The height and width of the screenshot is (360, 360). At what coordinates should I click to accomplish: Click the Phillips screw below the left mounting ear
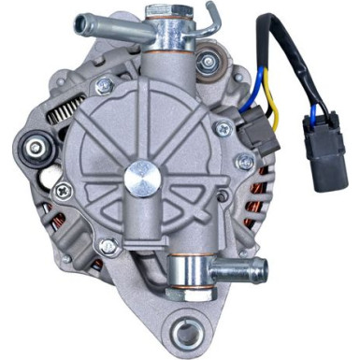click(62, 192)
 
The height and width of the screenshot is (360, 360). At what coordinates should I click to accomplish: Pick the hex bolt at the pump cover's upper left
click(106, 86)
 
